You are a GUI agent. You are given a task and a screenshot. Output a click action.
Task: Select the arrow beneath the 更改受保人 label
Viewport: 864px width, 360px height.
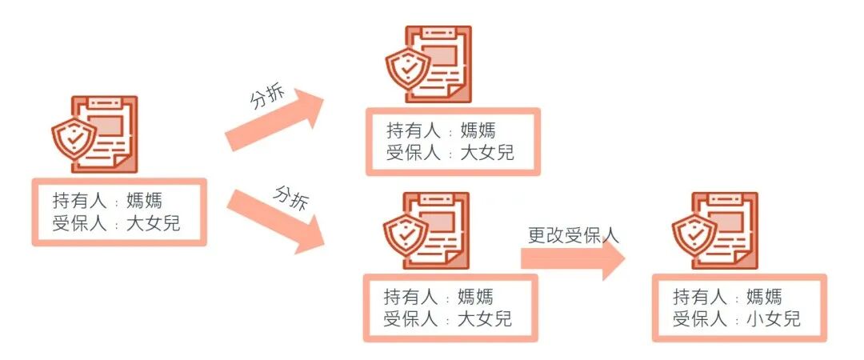[x=573, y=258]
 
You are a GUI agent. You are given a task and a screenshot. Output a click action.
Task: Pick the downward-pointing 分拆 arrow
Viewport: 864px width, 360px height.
[x=276, y=221]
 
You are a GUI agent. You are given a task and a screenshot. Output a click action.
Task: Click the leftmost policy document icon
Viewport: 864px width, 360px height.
[x=97, y=134]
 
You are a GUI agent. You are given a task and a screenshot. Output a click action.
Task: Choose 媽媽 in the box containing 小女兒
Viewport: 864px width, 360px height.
[x=763, y=297]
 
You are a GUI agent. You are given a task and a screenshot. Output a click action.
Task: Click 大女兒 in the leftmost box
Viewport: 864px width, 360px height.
[x=154, y=223]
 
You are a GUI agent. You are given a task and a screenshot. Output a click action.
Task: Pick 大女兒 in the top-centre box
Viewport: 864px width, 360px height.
[x=487, y=152]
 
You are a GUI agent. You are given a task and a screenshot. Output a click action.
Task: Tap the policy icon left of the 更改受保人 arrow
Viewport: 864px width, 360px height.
[x=428, y=231]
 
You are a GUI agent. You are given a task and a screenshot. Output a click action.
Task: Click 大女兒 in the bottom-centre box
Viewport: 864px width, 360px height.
[x=485, y=319]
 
